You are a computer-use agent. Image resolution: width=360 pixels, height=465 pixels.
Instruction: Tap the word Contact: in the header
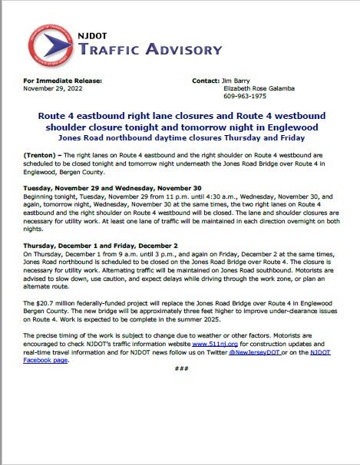206,80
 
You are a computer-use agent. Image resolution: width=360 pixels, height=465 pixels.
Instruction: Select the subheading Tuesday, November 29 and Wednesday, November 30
112,187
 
